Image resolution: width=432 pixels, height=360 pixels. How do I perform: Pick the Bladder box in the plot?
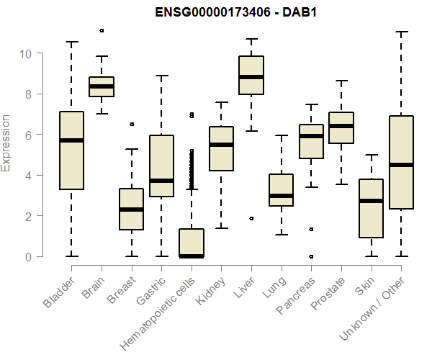coord(71,150)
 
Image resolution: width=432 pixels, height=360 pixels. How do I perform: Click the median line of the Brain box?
coord(102,86)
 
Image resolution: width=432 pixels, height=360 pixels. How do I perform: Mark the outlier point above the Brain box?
coord(102,30)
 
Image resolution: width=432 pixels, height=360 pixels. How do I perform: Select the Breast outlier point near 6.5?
coord(131,124)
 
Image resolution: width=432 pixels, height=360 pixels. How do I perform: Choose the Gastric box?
coord(161,166)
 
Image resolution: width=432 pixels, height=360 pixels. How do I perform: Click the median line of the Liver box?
coord(251,76)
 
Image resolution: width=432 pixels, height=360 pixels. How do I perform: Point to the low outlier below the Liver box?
coord(251,218)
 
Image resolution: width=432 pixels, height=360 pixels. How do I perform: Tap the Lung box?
coord(281,190)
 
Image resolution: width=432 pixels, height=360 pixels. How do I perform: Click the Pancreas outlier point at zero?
coord(311,256)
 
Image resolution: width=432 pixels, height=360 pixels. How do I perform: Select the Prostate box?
coord(341,127)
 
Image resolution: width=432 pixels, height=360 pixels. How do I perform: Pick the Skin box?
coord(371,208)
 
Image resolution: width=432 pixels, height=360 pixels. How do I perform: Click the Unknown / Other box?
coord(401,162)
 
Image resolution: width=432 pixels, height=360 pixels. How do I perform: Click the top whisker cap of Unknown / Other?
coord(401,32)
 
